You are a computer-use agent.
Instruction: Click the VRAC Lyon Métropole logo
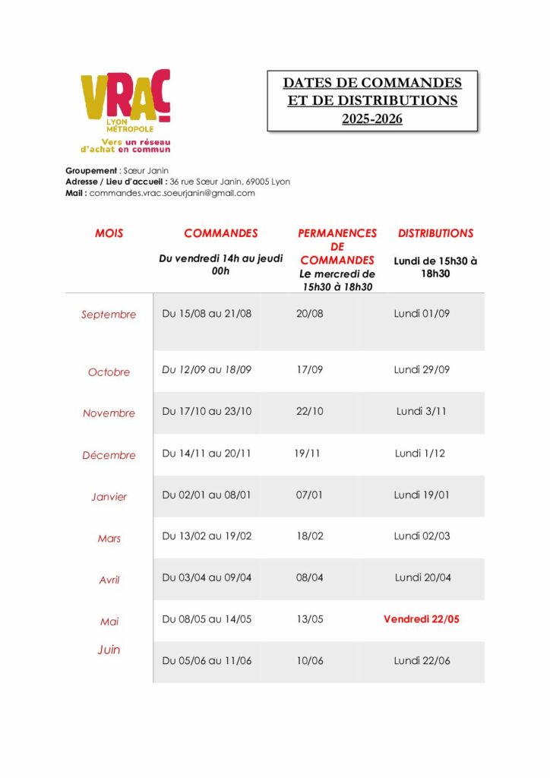click(125, 110)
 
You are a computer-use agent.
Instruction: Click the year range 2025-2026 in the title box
click(371, 119)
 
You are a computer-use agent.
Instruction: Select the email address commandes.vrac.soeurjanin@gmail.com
click(172, 193)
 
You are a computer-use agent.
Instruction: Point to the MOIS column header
click(109, 233)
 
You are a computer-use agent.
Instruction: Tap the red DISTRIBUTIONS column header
click(435, 233)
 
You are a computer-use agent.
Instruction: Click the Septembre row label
click(109, 315)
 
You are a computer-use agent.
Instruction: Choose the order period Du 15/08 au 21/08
click(207, 313)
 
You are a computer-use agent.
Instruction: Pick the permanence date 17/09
click(309, 370)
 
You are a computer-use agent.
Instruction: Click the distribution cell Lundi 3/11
click(421, 411)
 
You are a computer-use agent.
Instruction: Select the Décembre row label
click(109, 455)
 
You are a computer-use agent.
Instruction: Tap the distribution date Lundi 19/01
click(422, 495)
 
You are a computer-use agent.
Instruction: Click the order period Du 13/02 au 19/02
click(207, 536)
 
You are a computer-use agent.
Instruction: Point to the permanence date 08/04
click(309, 577)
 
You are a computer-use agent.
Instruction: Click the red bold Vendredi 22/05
click(422, 619)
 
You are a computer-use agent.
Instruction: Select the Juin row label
click(109, 650)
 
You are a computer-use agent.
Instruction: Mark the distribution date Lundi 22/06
click(422, 660)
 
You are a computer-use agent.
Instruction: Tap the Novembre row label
click(109, 413)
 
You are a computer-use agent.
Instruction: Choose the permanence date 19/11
click(307, 453)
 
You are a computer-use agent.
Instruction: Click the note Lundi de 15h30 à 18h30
click(435, 267)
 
